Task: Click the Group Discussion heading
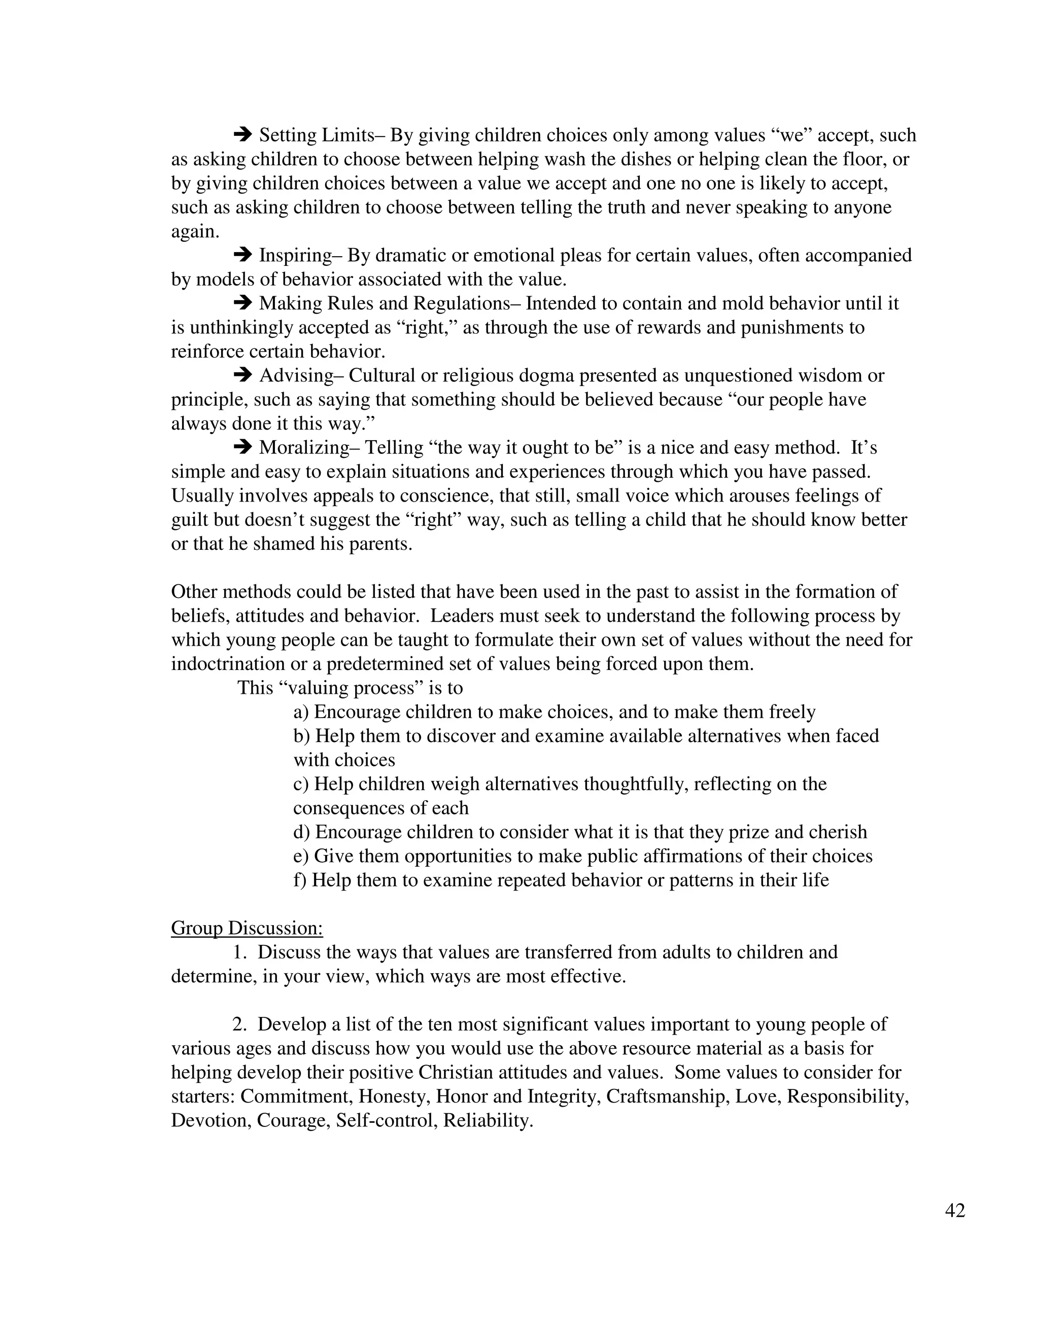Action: click(x=247, y=928)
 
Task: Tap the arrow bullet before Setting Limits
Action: click(x=243, y=133)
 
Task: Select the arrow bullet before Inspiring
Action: click(x=243, y=254)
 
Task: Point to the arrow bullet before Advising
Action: click(x=243, y=374)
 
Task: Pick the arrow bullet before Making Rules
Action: click(x=243, y=302)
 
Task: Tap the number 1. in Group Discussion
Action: click(x=239, y=952)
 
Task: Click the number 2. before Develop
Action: click(x=239, y=1024)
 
